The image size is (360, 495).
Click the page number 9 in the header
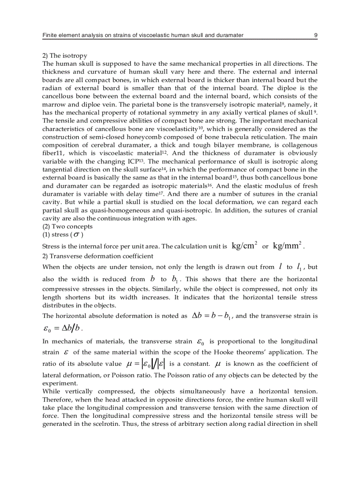315,35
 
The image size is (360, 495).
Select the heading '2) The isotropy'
64,56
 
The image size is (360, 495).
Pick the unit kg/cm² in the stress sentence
244,246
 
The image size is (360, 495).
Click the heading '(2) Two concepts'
67,227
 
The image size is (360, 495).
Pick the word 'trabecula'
243,137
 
